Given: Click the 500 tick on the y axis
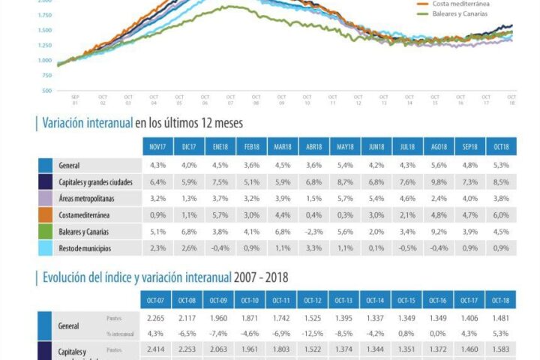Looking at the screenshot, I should point(46,91).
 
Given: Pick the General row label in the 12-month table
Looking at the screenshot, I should point(69,165).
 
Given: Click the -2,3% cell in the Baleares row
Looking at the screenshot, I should point(313,231).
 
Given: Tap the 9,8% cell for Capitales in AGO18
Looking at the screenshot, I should point(439,181).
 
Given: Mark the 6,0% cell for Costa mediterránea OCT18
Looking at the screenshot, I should point(501,214).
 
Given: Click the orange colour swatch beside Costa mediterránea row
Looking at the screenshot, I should point(45,214).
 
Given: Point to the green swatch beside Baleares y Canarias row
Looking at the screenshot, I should point(45,231).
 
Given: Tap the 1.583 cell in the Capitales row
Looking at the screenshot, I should point(501,349).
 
